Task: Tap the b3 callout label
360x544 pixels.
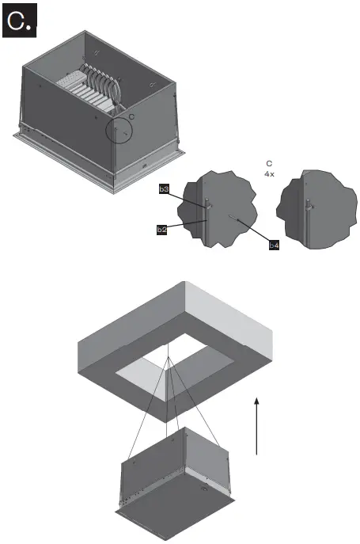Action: pyautogui.click(x=163, y=190)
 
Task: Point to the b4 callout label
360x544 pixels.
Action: pyautogui.click(x=274, y=246)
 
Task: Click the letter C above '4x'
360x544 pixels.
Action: pyautogui.click(x=269, y=162)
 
